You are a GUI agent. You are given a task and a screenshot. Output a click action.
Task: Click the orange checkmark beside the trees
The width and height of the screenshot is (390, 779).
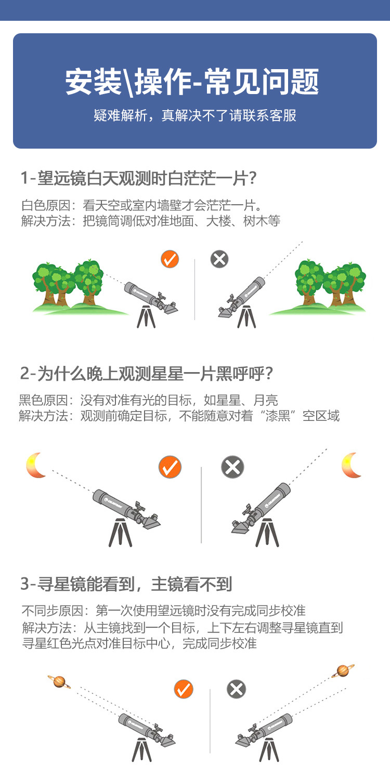click(170, 259)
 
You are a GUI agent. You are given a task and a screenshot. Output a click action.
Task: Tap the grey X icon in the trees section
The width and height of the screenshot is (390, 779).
click(219, 259)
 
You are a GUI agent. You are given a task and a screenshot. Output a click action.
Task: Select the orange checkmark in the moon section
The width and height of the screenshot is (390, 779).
click(170, 467)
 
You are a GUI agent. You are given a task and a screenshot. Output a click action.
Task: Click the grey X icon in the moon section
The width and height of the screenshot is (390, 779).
click(232, 467)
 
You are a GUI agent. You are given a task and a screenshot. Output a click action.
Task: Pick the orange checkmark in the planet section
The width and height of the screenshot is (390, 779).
click(183, 690)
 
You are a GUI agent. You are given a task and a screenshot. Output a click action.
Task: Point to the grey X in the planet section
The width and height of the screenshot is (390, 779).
click(236, 690)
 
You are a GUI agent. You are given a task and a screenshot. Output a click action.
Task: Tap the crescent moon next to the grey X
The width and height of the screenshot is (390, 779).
click(352, 465)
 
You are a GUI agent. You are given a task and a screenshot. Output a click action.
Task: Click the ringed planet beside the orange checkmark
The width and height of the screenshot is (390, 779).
click(59, 681)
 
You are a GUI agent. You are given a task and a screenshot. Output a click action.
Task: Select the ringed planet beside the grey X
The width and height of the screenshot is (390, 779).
click(343, 671)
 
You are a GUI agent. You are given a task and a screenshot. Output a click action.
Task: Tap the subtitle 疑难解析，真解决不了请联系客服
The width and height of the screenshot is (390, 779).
click(195, 115)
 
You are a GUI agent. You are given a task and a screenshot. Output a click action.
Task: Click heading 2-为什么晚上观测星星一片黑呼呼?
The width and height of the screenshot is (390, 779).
click(147, 373)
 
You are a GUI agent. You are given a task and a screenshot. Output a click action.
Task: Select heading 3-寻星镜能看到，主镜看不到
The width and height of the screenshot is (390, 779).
click(126, 584)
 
